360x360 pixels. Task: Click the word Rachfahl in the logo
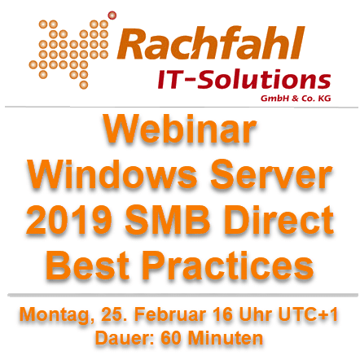[x=211, y=43]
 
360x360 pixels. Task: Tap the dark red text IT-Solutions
[x=244, y=79]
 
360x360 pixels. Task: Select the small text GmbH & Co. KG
[x=296, y=99]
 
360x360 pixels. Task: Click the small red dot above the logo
[x=112, y=15]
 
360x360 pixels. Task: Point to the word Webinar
[x=179, y=129]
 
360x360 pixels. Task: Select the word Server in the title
[x=271, y=174]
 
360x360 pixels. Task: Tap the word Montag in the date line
[x=56, y=315]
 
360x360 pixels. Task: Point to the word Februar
[x=169, y=314]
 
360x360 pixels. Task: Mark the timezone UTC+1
[x=308, y=314]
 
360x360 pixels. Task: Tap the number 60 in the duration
[x=171, y=338]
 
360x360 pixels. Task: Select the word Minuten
[x=226, y=338]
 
